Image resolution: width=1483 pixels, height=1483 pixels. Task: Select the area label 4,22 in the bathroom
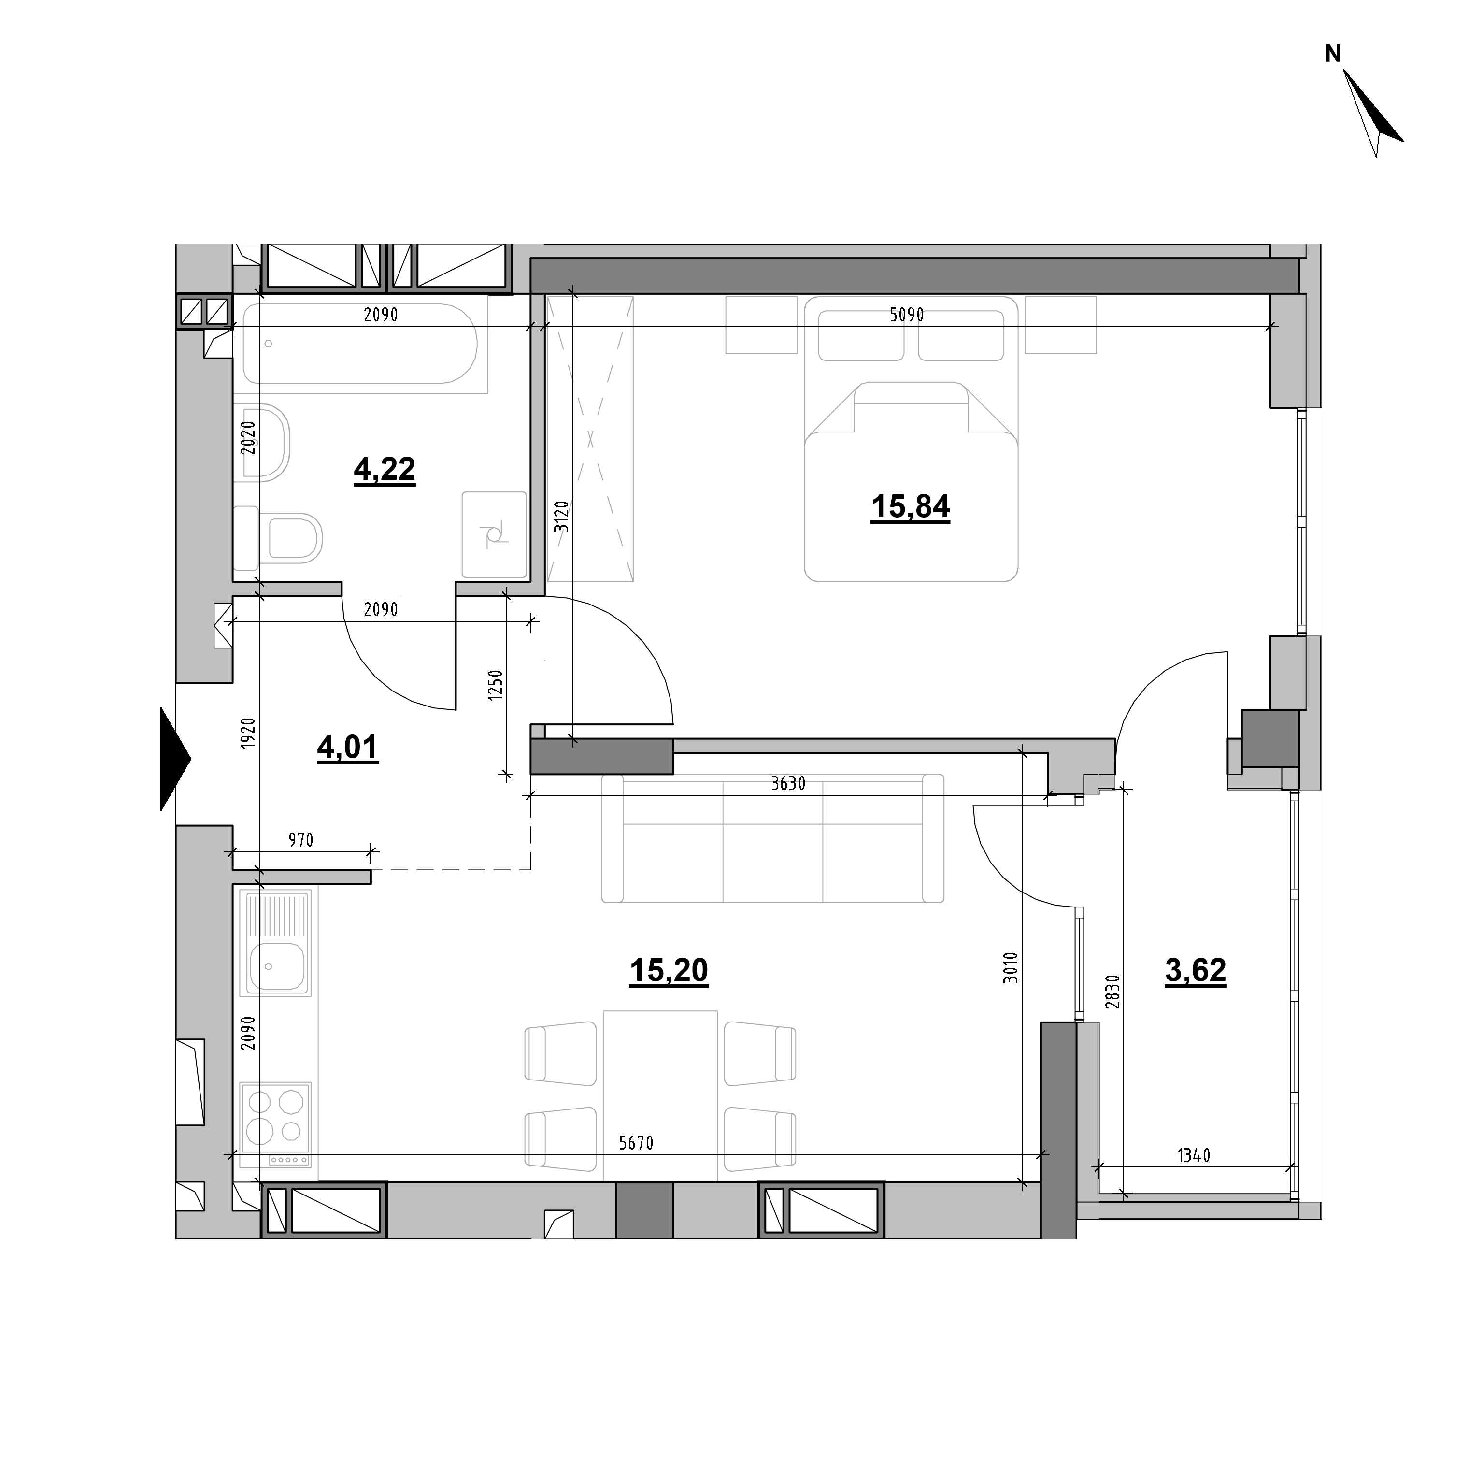pos(385,469)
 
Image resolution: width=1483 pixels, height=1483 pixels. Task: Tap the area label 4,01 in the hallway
pos(348,747)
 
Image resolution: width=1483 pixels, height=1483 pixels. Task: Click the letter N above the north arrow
pos(1333,54)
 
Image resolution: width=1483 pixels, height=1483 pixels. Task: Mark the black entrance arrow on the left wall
pos(174,759)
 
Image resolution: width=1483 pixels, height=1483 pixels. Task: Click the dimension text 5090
pos(907,316)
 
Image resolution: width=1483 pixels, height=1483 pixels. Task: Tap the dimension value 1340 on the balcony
pos(1194,1177)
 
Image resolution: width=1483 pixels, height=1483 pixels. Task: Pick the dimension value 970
pos(301,840)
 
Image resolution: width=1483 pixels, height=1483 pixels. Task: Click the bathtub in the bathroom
pos(360,343)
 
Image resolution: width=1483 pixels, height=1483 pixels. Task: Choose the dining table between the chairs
pos(660,1095)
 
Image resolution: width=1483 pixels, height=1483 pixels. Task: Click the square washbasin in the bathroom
pos(494,534)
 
